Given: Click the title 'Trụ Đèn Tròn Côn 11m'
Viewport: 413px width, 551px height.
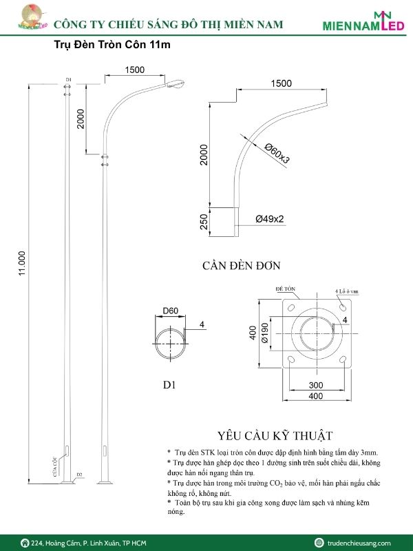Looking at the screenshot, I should point(112,45).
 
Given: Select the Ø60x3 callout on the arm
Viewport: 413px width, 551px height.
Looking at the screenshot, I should point(277,153).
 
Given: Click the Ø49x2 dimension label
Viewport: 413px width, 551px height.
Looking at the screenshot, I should point(270,219).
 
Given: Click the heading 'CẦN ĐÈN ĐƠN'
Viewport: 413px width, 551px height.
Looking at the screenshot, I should point(241,265).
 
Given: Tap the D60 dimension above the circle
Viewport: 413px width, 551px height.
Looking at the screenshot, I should point(169,311).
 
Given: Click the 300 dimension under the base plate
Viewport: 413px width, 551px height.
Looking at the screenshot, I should point(315,385).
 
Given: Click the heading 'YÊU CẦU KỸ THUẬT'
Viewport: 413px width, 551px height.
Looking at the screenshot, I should point(275,435).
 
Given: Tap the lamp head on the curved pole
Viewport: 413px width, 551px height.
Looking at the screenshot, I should point(176,84).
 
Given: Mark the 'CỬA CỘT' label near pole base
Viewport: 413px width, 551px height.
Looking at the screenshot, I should point(56,469).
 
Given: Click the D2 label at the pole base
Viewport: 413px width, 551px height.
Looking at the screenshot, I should point(80,475).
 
